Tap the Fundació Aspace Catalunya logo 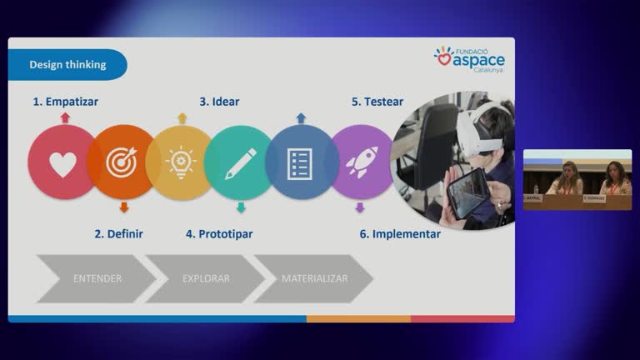pos(469,60)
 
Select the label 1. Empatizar pos(66,102)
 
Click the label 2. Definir pos(118,234)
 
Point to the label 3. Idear pos(219,102)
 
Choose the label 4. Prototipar pos(219,234)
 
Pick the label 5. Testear pos(377,102)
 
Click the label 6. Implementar pos(400,234)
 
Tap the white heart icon pos(62,163)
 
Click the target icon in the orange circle pos(122,162)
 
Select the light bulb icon pos(180,162)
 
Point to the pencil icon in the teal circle pos(240,162)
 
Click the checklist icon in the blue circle pos(300,162)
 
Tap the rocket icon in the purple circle pos(362,162)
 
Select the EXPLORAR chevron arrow pos(205,278)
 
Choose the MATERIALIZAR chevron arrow pos(314,278)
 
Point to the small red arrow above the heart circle pos(65,118)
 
